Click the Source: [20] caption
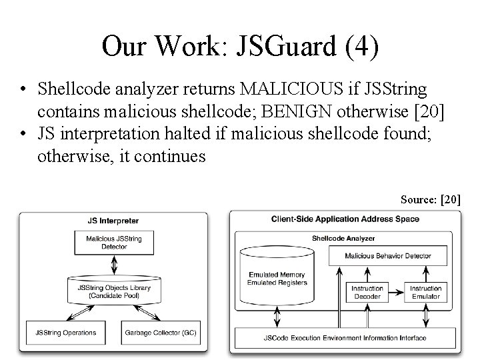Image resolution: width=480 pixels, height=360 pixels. coord(431,199)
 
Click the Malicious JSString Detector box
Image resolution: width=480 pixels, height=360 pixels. coord(113,243)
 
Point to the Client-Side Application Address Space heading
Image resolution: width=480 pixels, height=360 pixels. coord(345,219)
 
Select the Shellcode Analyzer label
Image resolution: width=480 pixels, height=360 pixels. coord(344,238)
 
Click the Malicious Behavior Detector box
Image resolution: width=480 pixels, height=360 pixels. coord(387,255)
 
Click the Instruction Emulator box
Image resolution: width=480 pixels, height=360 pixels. coord(425,292)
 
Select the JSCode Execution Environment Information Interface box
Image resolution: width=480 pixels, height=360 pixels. coord(345,338)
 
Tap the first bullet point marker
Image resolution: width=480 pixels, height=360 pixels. coord(24,89)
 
